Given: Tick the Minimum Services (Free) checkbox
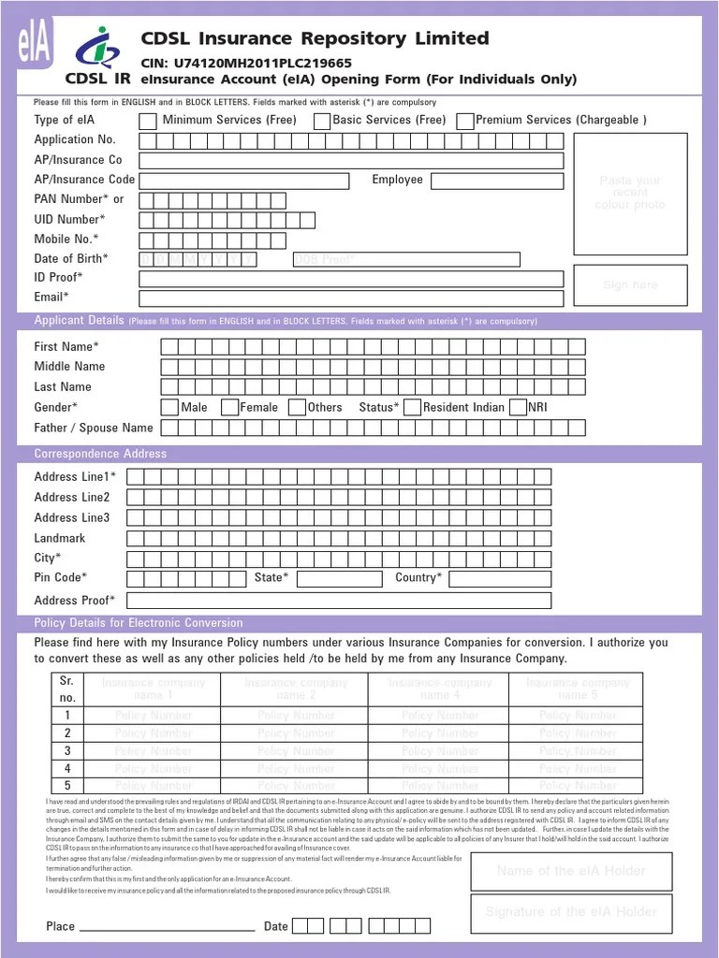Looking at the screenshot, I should point(148,121).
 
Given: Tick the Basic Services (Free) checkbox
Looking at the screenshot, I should point(322,121).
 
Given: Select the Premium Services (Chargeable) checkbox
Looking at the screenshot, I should point(465,121).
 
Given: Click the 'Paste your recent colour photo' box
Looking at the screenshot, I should point(630,194).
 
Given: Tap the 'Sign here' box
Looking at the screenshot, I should point(630,285).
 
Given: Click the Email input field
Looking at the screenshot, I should point(351,298).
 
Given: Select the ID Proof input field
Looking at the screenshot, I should point(351,279).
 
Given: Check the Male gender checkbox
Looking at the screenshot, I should point(169,408).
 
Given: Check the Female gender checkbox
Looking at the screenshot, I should point(228,408).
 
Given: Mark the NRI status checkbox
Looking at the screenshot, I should point(518,408).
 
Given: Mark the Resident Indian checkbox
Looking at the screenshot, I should point(413,408).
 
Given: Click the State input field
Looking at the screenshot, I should point(339,579).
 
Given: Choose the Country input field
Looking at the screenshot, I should point(499,579).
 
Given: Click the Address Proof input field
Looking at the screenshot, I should point(339,601).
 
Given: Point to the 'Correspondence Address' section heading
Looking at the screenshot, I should point(100,454).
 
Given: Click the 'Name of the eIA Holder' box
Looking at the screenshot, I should point(571,871).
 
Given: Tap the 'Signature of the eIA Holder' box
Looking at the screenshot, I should point(571,912).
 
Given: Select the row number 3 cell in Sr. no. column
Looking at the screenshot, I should point(67,751).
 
